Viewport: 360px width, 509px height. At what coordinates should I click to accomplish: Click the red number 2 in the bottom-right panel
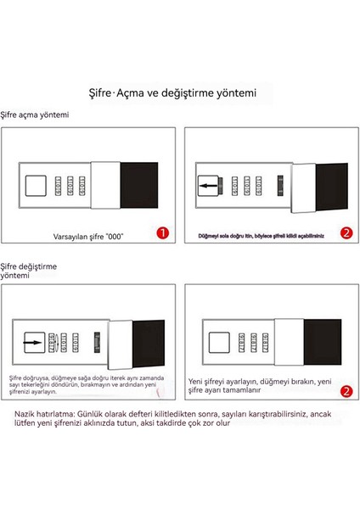click(345, 391)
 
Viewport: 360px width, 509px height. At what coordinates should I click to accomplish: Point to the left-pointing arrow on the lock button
click(205, 183)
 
